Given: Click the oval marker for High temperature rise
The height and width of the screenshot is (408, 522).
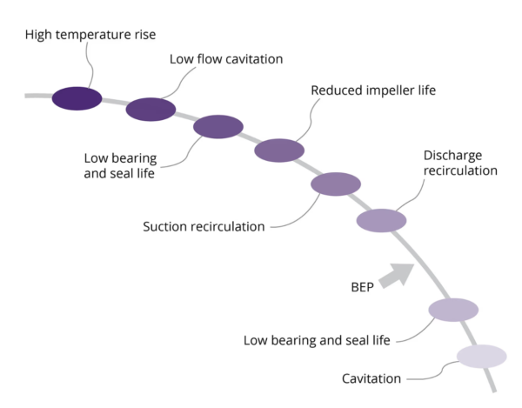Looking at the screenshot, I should coord(77,98).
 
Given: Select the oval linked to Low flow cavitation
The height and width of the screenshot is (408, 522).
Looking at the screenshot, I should coord(151,110).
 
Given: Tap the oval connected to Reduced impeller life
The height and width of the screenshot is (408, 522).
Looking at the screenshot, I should coord(279,150).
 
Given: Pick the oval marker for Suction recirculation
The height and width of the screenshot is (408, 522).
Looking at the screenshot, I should coord(336,184).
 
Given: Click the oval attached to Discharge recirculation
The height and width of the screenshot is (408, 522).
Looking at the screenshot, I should coord(381,221).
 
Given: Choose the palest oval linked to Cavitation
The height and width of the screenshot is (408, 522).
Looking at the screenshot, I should coord(482,357).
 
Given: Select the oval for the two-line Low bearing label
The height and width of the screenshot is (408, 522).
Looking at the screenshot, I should coord(217,127).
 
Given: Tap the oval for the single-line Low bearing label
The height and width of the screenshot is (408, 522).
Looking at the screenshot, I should coord(453,310).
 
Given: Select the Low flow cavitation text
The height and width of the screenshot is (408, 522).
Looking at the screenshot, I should coord(226,58).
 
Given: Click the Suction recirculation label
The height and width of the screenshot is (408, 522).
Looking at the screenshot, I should coord(204,227).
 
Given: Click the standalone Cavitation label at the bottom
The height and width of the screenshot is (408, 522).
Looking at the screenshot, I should coord(371,378).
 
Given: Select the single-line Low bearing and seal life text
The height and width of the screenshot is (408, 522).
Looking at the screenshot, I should coord(317,339).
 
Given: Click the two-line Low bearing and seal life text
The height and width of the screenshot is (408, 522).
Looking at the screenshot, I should coord(120,166).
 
